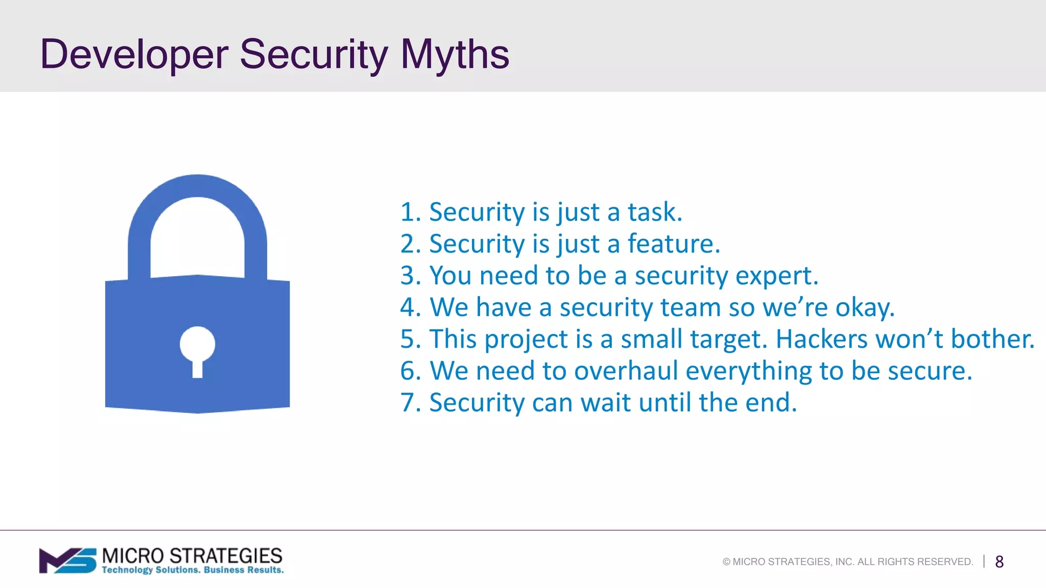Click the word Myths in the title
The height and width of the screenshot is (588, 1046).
coord(455,54)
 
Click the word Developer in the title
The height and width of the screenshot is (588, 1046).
coord(134,54)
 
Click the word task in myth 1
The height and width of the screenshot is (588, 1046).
coord(654,212)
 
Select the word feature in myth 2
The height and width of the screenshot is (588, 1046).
coord(673,244)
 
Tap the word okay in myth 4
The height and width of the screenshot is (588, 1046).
coord(864,308)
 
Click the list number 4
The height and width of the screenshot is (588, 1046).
coord(409,308)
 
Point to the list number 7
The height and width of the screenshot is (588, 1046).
coord(409,403)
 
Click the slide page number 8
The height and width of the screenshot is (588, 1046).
coord(999,562)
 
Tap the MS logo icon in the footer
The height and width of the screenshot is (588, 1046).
coord(68,561)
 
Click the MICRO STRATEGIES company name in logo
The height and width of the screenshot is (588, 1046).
coord(192,555)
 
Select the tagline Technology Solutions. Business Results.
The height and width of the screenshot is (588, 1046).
coord(193,570)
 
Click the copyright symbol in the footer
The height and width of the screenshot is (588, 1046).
coord(726,562)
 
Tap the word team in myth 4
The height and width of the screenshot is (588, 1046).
coord(690,308)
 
